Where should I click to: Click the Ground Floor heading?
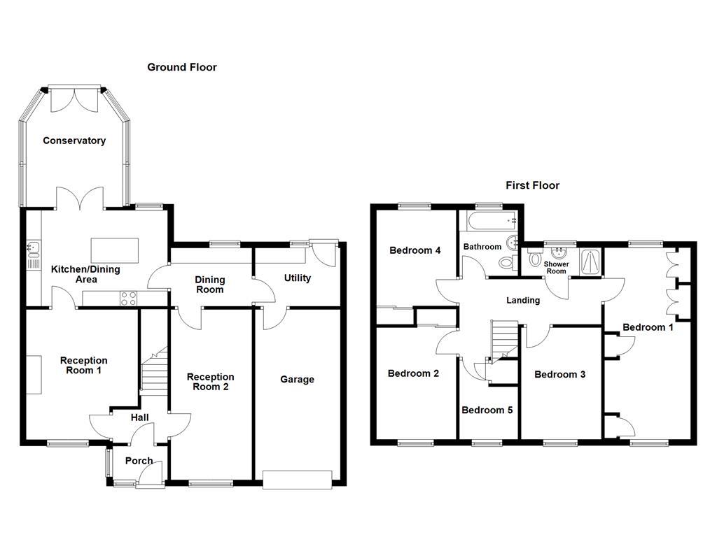click(181, 67)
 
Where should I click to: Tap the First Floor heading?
click(533, 185)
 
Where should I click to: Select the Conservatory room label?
click(74, 141)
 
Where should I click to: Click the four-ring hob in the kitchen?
click(129, 299)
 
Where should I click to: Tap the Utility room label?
click(297, 278)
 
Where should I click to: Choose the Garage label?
click(297, 380)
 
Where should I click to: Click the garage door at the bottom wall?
click(296, 480)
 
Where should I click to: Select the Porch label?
click(139, 461)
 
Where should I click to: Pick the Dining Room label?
click(209, 284)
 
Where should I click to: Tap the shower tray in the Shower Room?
click(590, 263)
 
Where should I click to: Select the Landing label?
click(523, 301)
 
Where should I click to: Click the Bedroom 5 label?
click(487, 410)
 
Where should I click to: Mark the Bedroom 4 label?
click(415, 250)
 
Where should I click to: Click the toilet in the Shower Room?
click(535, 259)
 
